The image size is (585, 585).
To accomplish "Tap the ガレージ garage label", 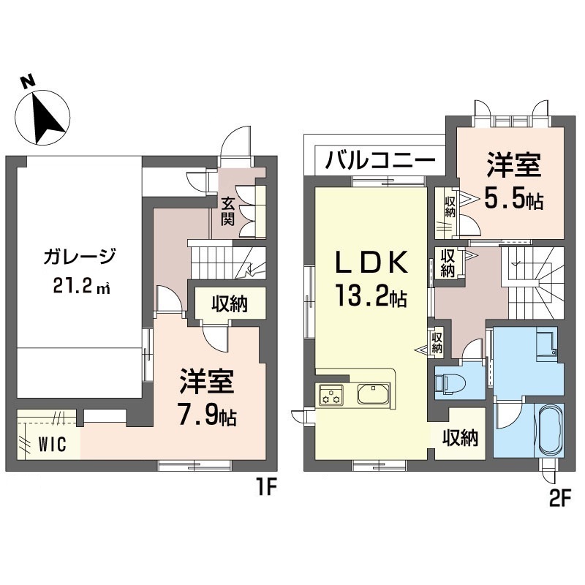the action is (79, 257).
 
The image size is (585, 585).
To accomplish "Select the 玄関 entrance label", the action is (227, 211).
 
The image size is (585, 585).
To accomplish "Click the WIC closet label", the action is (53, 445).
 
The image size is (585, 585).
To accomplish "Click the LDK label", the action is (371, 263).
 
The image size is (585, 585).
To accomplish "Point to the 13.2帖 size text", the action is (371, 295).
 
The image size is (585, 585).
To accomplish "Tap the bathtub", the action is (548, 430).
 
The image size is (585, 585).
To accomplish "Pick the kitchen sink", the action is (374, 393).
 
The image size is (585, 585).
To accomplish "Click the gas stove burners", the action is (331, 395).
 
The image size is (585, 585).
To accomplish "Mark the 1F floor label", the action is (266, 488).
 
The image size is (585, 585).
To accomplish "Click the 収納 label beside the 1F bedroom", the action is (230, 304).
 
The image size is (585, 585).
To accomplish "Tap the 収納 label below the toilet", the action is (461, 437).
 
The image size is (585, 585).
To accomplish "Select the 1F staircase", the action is (228, 263).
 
